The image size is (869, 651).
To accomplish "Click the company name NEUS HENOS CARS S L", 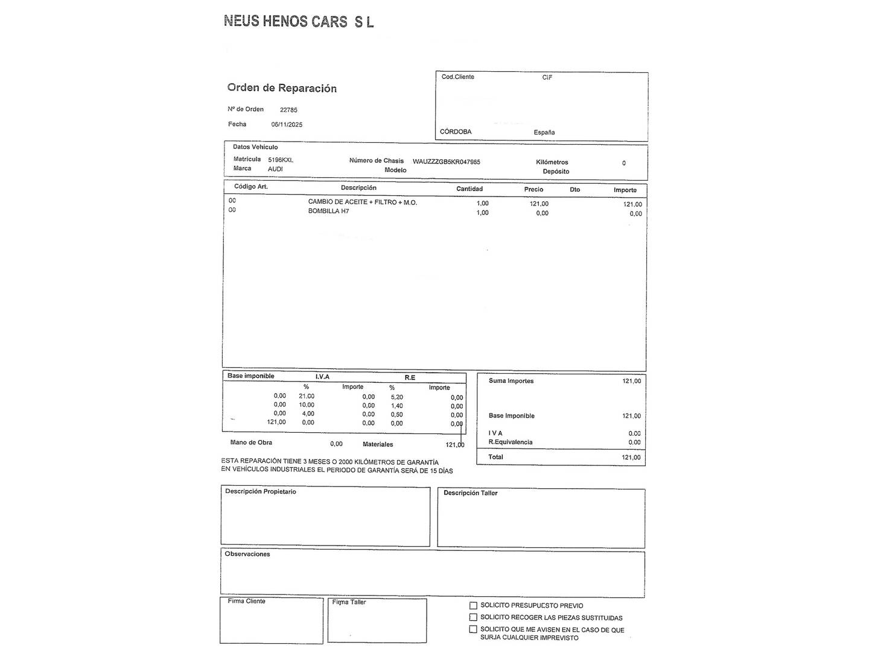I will [x=299, y=22].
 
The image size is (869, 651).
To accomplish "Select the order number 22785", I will [x=288, y=110].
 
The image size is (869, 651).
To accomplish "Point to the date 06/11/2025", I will [x=287, y=125].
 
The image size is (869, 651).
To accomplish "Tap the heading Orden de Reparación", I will [x=282, y=88].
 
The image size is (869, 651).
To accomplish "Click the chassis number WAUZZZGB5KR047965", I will [x=447, y=162].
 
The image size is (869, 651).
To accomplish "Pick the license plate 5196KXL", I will [x=281, y=160].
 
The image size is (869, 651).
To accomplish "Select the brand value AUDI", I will [x=275, y=169].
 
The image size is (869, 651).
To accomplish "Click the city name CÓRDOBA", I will [x=456, y=132].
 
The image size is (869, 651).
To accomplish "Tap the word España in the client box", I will [x=544, y=133].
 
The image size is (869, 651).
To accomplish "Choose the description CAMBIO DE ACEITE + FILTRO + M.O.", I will [x=362, y=203].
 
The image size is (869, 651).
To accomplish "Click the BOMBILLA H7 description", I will [x=328, y=212].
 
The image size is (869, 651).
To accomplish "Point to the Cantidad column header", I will [x=470, y=189].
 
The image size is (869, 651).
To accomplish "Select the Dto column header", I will [x=575, y=190].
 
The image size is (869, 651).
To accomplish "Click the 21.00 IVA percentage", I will [x=307, y=396].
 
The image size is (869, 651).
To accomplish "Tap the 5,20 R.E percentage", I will [x=396, y=397].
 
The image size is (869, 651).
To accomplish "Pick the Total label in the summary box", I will [x=495, y=457].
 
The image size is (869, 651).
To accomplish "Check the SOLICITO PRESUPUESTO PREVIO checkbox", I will [x=474, y=606].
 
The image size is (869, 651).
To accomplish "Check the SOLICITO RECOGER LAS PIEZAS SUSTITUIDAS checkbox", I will [x=474, y=617].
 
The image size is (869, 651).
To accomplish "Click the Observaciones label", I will [x=247, y=554].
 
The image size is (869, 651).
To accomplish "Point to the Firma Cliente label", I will [x=246, y=601].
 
